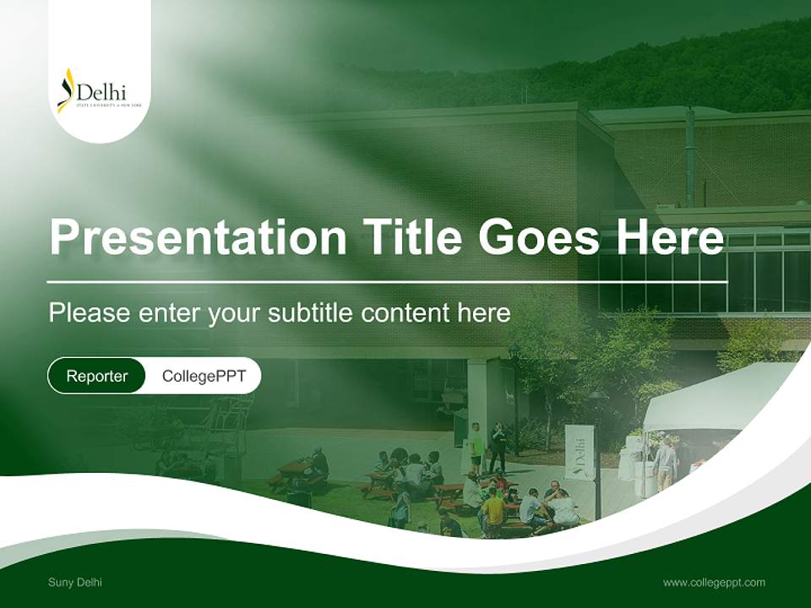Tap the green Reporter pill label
pos(97,376)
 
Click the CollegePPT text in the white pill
pos(204,376)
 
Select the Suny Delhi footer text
pos(75,582)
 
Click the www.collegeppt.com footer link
pos(714,582)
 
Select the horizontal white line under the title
pos(387,281)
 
